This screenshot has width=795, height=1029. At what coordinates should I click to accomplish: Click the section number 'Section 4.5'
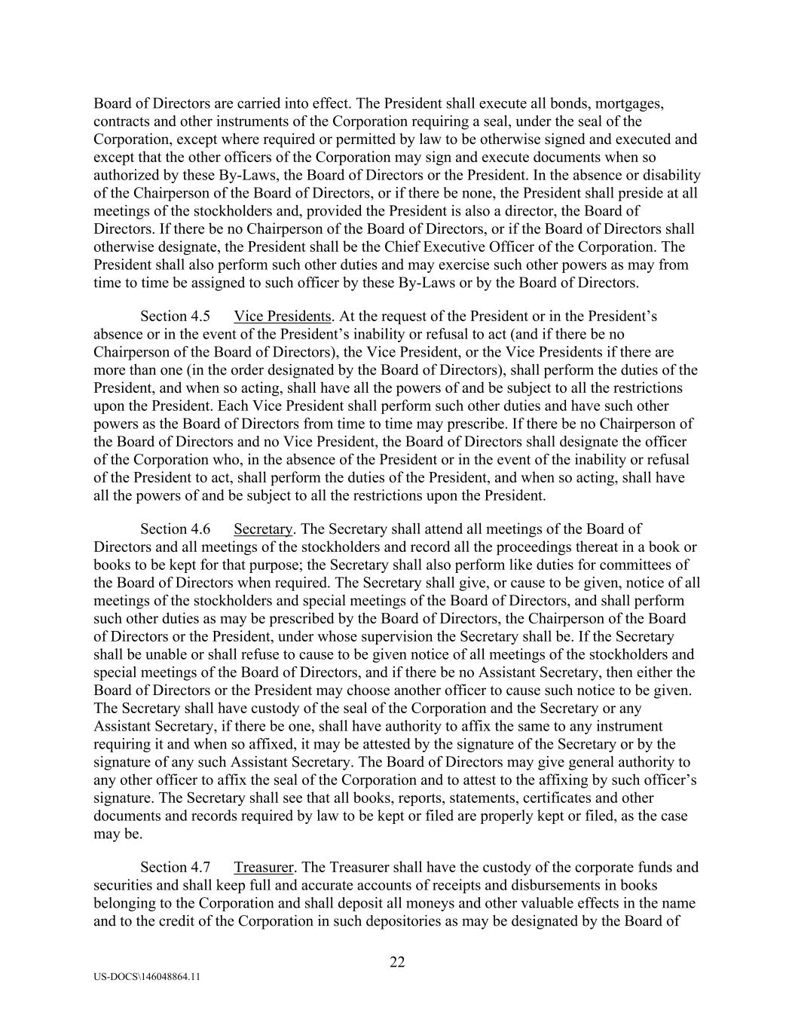click(x=175, y=316)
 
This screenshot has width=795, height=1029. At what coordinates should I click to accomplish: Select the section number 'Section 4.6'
click(x=175, y=529)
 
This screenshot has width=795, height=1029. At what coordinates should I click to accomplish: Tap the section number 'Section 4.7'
click(x=175, y=868)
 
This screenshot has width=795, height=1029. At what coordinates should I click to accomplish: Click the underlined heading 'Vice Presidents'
click(x=283, y=316)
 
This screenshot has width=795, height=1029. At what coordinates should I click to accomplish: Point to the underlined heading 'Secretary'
click(x=263, y=529)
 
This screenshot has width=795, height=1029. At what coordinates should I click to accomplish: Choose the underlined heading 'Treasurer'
click(x=263, y=868)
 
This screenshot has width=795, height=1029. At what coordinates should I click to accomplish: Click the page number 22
click(x=397, y=962)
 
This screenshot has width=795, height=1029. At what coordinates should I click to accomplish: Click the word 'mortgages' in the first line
click(x=631, y=103)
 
